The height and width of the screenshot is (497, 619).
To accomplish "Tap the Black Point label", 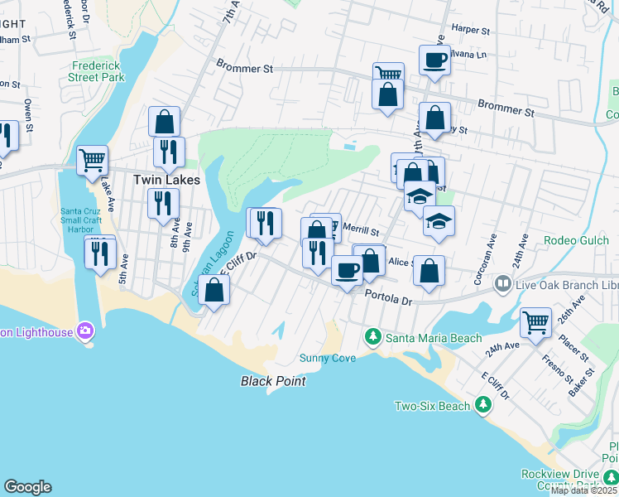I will [273, 381].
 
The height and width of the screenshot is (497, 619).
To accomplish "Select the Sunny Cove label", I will [328, 358].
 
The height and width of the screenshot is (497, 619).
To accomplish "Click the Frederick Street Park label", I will [98, 71].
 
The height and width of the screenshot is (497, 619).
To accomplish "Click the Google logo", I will [27, 487].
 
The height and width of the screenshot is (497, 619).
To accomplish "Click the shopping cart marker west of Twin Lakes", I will [92, 158].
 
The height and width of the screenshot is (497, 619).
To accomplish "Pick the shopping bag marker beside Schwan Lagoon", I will [214, 290].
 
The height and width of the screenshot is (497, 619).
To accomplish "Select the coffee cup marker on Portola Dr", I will [347, 269].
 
